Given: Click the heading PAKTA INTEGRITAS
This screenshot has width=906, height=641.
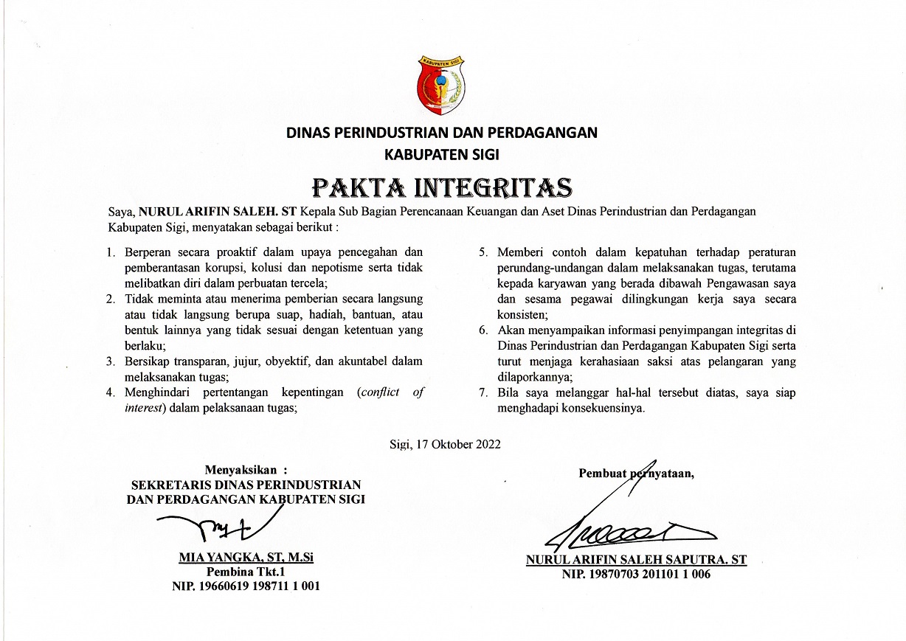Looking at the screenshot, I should coord(442,187).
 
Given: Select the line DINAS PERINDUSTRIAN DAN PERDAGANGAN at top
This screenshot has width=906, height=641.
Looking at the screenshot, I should coord(442,134).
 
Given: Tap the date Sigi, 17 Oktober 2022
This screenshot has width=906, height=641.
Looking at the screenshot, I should coord(445,444).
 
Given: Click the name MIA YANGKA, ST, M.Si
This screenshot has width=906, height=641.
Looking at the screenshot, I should coord(246,557).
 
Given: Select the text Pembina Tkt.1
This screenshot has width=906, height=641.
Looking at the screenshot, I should coord(246,572).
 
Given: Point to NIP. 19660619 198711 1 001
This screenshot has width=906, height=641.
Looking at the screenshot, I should coord(246,586).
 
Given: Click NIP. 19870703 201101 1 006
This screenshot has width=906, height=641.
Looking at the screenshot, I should coord(636,575).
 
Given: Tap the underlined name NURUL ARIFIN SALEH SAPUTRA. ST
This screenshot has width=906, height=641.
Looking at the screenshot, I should coord(636,560).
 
